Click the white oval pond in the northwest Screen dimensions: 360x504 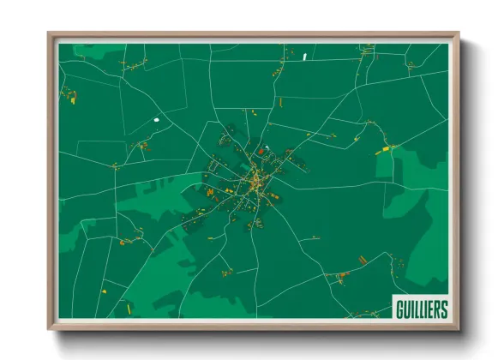pyautogui.click(x=156, y=120)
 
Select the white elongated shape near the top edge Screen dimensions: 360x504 pyautogui.click(x=304, y=57)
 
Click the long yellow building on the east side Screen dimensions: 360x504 pyautogui.click(x=382, y=151)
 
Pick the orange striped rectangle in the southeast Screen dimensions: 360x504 pyautogui.click(x=363, y=258)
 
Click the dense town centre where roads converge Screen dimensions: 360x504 pyautogui.click(x=255, y=181)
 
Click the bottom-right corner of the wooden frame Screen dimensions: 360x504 pyautogui.click(x=459, y=329)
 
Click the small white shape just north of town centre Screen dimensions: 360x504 pyautogui.click(x=267, y=148)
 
